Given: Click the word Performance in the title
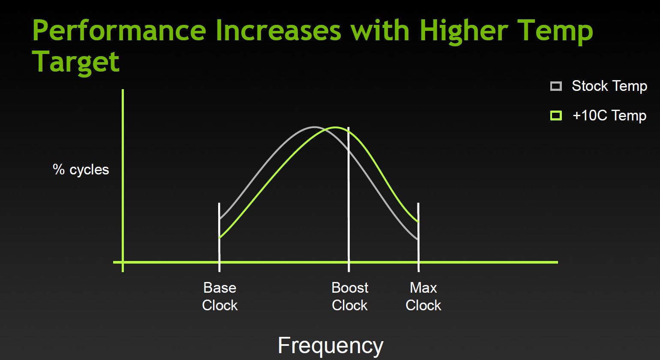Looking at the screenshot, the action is pos(119,31).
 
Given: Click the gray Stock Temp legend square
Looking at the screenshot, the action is pos(556,86).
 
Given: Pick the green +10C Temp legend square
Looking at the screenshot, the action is pos(556,115).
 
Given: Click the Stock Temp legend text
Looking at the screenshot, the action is pos(609,86).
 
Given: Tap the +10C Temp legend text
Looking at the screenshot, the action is pos(609,115).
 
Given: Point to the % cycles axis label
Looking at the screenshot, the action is pos(81,170).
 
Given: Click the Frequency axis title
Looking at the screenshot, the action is pos(330,346).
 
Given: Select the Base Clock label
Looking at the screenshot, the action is pos(220,297).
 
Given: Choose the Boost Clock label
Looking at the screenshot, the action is pos(350,297).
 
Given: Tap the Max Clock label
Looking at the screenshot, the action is pos(423,297).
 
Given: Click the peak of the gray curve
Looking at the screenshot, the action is pos(314,127).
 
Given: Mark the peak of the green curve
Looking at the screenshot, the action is pos(335,127).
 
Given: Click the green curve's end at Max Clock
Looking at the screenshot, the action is pos(418,221).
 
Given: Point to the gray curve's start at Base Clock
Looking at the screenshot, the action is pos(220,219).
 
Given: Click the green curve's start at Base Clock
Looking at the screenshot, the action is pos(220,237).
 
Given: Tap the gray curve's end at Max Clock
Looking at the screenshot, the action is pos(418,239).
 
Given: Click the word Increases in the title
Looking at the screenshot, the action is pos(279,30).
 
